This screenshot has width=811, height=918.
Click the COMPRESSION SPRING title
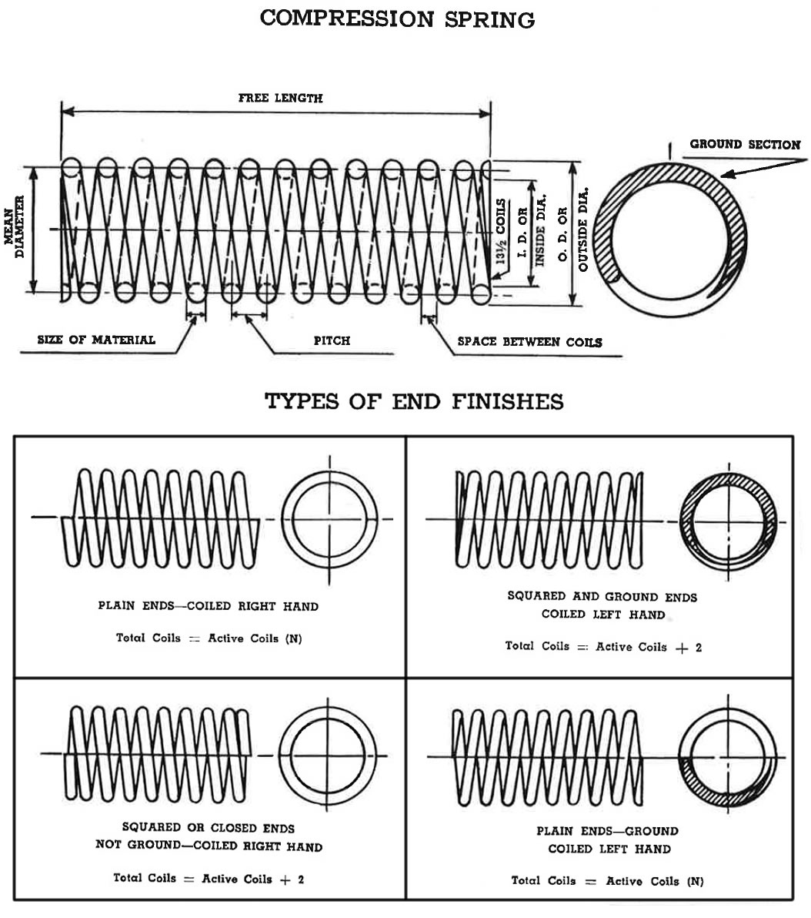pos(397,18)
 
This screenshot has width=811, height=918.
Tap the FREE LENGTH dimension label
pos(280,98)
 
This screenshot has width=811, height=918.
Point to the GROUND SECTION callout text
pos(745,144)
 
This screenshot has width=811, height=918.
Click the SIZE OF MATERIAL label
pos(96,340)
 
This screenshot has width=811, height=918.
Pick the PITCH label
pos(332,340)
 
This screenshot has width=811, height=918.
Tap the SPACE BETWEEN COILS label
pos(529,342)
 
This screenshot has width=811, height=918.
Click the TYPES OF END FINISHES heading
pos(414,401)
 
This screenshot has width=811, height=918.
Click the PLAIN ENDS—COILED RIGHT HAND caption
pos(208,606)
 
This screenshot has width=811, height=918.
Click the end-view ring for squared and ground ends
pos(728,521)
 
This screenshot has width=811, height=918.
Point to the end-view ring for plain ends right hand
pos(330,519)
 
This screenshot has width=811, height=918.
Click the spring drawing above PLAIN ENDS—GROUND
pos(546,758)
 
